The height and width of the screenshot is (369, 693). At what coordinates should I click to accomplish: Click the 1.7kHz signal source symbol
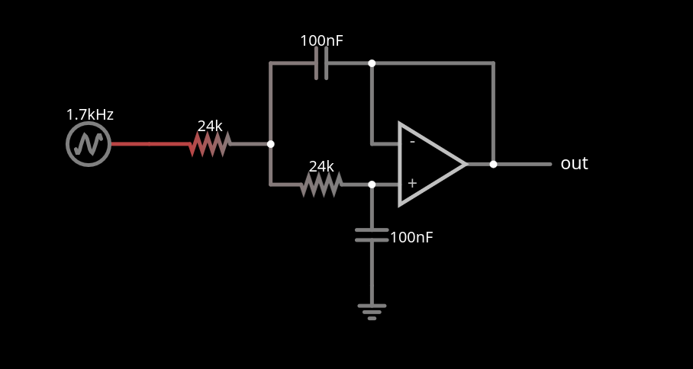point(89,144)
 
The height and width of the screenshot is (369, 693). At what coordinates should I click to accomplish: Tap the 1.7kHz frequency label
point(89,115)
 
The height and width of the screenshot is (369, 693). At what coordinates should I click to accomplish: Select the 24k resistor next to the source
point(210,144)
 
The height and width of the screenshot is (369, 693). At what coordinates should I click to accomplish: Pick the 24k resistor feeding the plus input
point(321,184)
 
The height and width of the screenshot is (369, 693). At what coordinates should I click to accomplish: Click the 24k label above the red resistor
point(210,127)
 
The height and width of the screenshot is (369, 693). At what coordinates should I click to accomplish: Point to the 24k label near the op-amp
point(321,166)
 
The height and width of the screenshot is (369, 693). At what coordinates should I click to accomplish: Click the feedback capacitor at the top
point(321,63)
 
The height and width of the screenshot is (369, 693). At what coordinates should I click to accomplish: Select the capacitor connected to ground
point(372,234)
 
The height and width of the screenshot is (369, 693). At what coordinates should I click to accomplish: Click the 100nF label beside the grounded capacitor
point(411,238)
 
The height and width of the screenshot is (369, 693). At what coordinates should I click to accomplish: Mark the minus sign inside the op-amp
point(412,142)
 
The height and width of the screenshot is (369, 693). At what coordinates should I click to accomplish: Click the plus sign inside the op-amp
point(412,183)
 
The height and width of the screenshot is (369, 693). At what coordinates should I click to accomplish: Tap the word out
point(574,164)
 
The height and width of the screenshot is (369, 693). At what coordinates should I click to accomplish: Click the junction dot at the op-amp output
point(493,164)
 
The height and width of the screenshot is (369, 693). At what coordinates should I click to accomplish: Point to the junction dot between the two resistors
point(270,144)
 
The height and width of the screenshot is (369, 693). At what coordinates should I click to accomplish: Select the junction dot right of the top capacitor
point(372,63)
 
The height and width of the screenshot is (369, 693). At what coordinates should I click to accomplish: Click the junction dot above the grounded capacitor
point(372,184)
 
